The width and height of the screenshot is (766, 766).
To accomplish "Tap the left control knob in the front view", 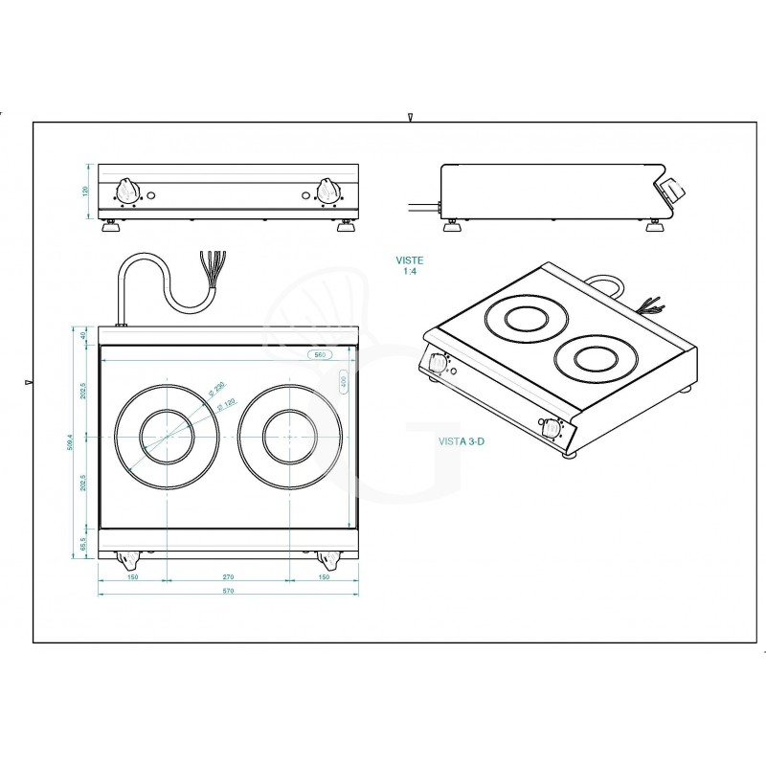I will pyautogui.click(x=128, y=190).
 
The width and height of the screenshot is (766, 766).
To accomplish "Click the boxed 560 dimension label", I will pyautogui.click(x=320, y=354).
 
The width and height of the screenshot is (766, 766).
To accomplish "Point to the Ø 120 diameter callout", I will pyautogui.click(x=227, y=405).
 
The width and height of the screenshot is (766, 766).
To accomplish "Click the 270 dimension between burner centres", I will pyautogui.click(x=228, y=578).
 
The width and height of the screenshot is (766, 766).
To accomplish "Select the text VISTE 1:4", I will pyautogui.click(x=410, y=265).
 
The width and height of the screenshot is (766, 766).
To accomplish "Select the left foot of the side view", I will pyautogui.click(x=450, y=225).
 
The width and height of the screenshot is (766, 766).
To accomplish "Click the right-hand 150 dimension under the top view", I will pyautogui.click(x=324, y=578).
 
